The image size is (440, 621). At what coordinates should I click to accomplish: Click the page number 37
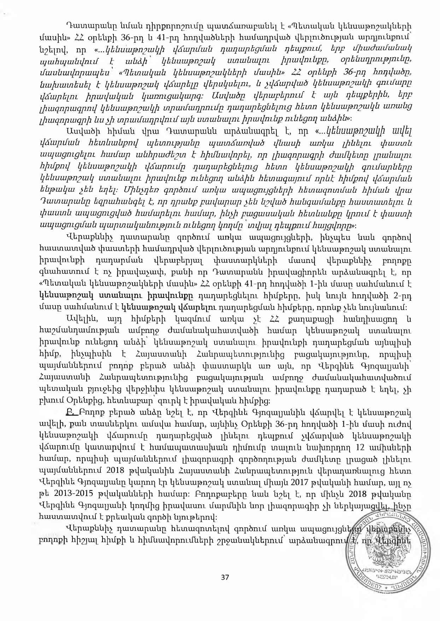pyautogui.click(x=225, y=578)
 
